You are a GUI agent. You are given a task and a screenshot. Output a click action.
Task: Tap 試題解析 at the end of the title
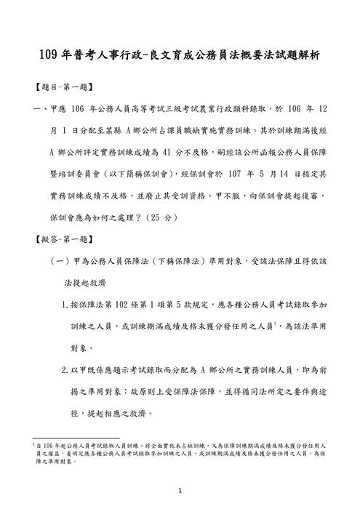pyautogui.click(x=295, y=55)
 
